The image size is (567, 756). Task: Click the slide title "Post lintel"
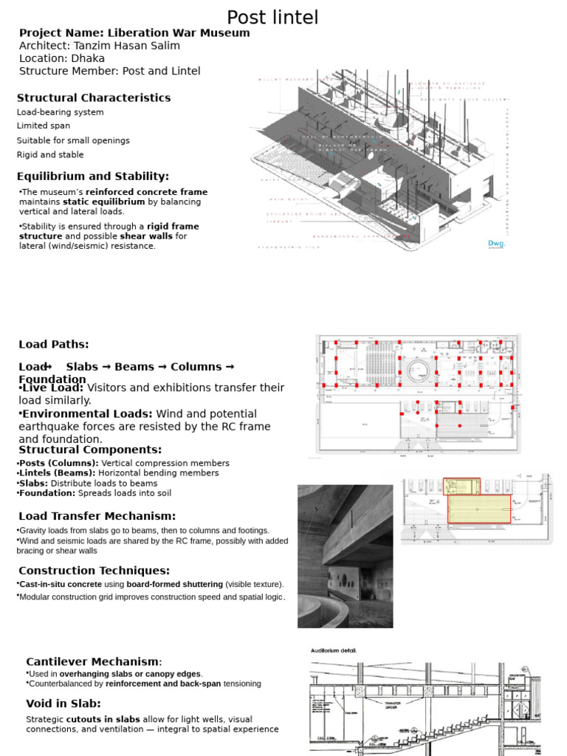[x=272, y=17]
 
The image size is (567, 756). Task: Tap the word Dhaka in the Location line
[x=88, y=58]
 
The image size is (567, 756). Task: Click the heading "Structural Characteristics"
[x=94, y=97]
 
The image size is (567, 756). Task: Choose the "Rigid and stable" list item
[x=50, y=155]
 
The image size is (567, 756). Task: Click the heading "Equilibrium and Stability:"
[x=93, y=176]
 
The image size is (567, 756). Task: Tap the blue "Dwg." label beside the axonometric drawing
[x=496, y=244]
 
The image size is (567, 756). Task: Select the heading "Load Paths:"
[x=54, y=344]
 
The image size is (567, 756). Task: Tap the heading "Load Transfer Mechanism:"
[x=97, y=516]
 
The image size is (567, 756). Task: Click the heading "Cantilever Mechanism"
[x=92, y=661]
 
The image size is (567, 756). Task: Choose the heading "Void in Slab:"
[x=63, y=704]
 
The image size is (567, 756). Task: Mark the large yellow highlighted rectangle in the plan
[x=480, y=509]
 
